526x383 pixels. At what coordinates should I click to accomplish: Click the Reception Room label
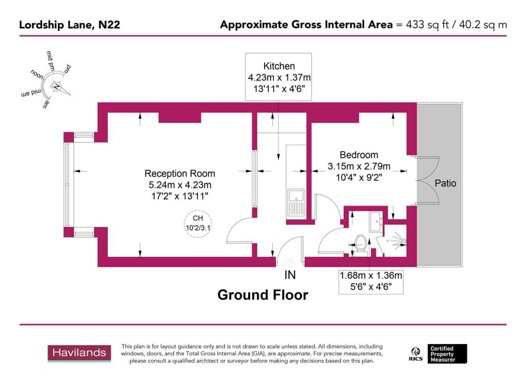tap(180, 174)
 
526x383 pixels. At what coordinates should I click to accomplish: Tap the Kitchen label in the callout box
tap(279, 66)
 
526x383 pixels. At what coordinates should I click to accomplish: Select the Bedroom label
tap(359, 155)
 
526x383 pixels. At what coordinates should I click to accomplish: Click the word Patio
tap(445, 183)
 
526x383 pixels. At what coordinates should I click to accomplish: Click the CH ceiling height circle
tap(198, 224)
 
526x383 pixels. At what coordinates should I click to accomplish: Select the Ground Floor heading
tap(262, 295)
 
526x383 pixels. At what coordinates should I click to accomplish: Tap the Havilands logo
tap(80, 353)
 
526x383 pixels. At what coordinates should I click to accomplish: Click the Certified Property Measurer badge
tap(448, 353)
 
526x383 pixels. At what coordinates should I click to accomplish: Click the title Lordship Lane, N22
tap(70, 25)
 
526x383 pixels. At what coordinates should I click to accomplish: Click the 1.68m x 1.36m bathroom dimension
tap(370, 276)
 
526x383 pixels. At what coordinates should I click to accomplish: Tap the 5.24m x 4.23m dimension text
tap(179, 185)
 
